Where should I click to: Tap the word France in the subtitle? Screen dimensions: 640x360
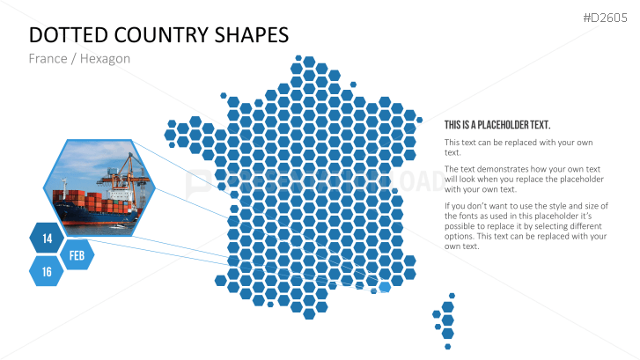[x=48, y=59]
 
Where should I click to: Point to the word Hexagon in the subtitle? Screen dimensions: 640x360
[x=105, y=59]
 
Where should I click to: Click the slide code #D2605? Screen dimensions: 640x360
[x=605, y=18]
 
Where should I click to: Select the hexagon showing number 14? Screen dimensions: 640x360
[x=47, y=239]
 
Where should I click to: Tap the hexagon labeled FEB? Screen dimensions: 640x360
[x=77, y=255]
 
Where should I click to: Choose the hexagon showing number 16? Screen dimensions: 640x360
[x=47, y=271]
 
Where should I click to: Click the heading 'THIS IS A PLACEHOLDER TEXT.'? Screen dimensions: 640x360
[x=497, y=125]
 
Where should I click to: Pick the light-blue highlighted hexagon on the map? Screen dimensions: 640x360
[x=384, y=287]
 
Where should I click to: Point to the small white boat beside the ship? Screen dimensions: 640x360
[x=118, y=226]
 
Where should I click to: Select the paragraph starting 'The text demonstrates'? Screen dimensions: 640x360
[x=524, y=180]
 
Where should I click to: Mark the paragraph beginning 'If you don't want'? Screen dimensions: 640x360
[x=526, y=226]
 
